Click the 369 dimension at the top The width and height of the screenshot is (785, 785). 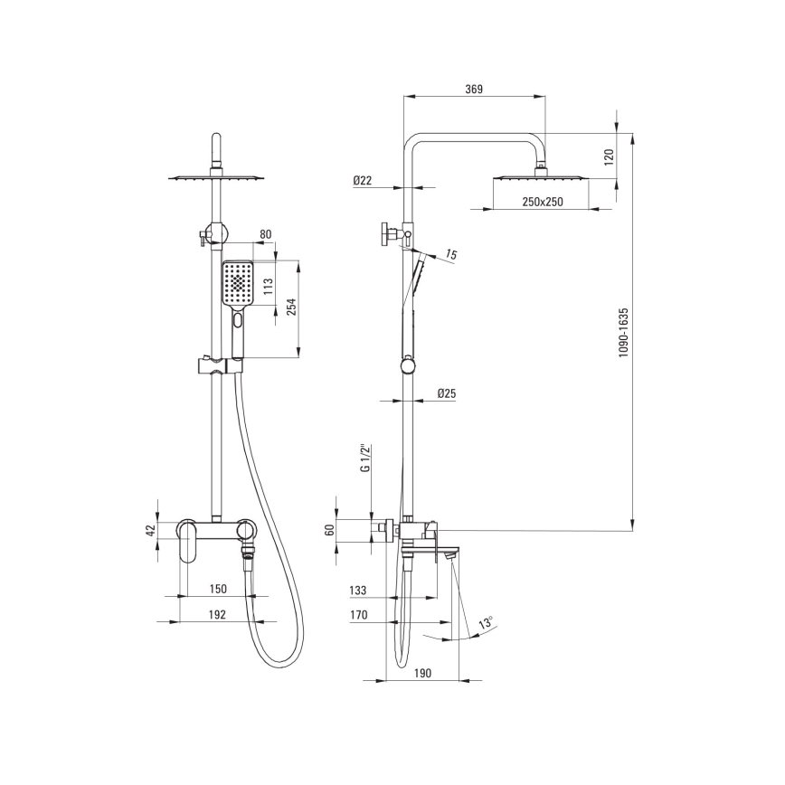pyautogui.click(x=474, y=90)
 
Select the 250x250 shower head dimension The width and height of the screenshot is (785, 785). pyautogui.click(x=543, y=202)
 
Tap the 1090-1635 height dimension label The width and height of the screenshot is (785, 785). pyautogui.click(x=623, y=333)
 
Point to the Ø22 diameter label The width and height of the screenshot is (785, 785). pyautogui.click(x=362, y=180)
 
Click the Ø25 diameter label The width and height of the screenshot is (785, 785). pyautogui.click(x=447, y=393)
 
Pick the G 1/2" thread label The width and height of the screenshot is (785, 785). pyautogui.click(x=365, y=457)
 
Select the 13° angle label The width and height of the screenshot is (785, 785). pyautogui.click(x=486, y=623)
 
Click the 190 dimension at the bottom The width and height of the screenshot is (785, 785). pyautogui.click(x=422, y=674)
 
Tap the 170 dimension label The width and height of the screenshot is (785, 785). pyautogui.click(x=358, y=615)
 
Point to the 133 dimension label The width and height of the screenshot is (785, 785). pyautogui.click(x=357, y=591)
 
